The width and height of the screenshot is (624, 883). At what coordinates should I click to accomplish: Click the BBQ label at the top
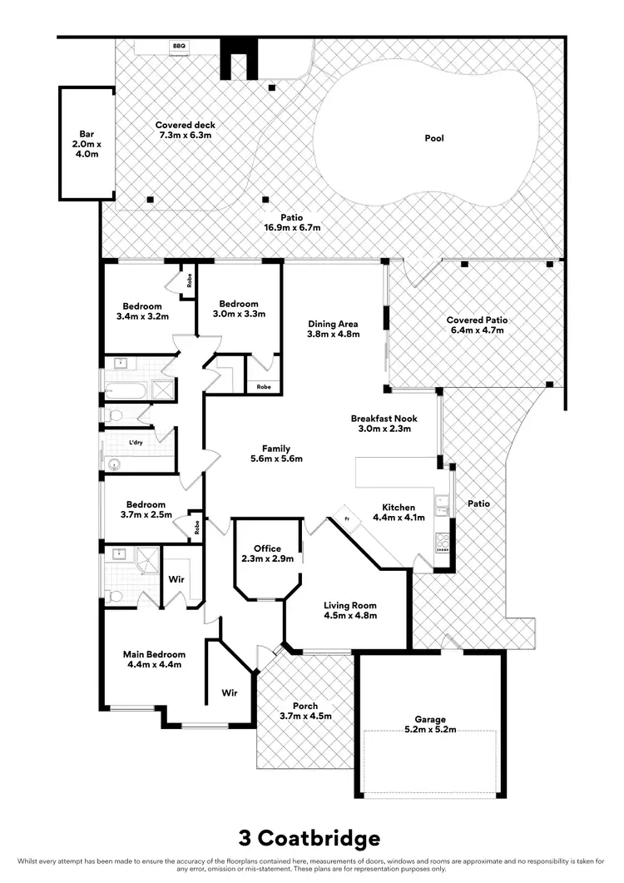[x=179, y=47]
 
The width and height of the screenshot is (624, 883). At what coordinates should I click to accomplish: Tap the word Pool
[x=434, y=138]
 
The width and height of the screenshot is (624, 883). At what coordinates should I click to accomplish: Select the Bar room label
[x=86, y=133]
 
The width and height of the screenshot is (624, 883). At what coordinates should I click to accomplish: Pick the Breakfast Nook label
[x=384, y=419]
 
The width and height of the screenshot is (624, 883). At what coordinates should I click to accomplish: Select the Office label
[x=267, y=548]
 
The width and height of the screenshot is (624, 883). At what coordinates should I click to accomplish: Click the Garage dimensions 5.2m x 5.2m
[x=430, y=730]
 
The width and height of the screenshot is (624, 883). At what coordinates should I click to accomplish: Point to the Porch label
[x=305, y=706]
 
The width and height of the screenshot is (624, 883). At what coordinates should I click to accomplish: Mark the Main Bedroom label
[x=154, y=654]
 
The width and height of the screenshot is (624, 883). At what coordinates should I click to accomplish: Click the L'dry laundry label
[x=136, y=443]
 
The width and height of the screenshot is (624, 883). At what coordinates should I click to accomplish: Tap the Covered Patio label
[x=477, y=320]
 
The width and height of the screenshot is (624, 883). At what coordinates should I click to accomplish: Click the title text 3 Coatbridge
[x=310, y=837]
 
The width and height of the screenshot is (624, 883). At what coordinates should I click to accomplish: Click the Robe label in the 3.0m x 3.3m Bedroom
[x=263, y=387]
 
